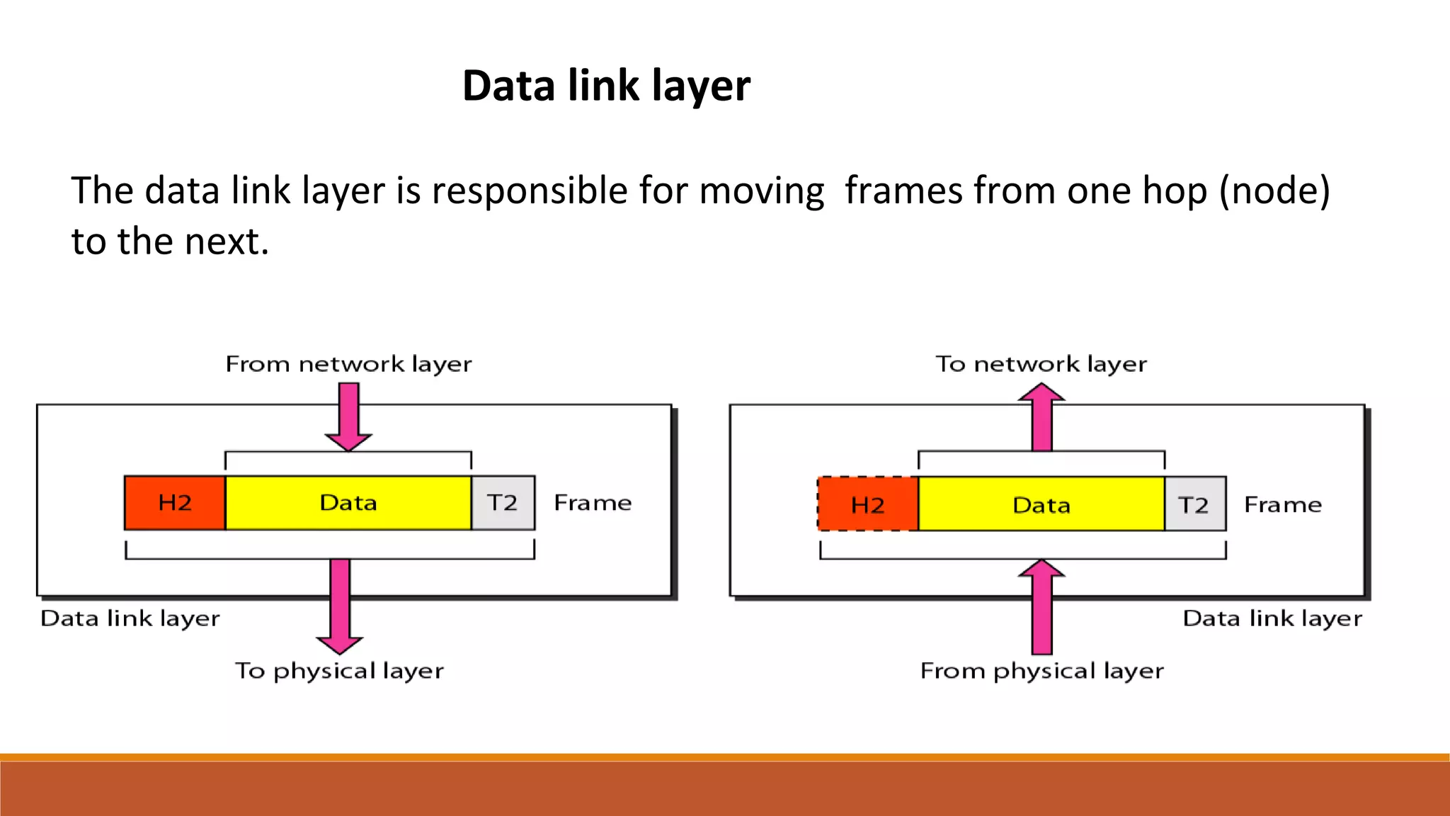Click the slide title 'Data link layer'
tap(606, 86)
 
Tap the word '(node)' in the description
tap(1274, 191)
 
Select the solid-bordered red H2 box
tap(175, 503)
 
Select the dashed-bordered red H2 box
tap(868, 504)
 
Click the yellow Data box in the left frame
tap(348, 503)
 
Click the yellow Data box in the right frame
tap(1041, 504)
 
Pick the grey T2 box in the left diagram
tap(503, 503)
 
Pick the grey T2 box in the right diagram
tap(1194, 504)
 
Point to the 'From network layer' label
tap(348, 364)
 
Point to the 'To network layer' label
tap(1041, 364)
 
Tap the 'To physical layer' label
tap(340, 670)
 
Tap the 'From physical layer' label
tap(1041, 670)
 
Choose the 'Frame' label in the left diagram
tap(593, 503)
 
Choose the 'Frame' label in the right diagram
tap(1283, 504)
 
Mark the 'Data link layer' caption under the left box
tap(130, 618)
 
